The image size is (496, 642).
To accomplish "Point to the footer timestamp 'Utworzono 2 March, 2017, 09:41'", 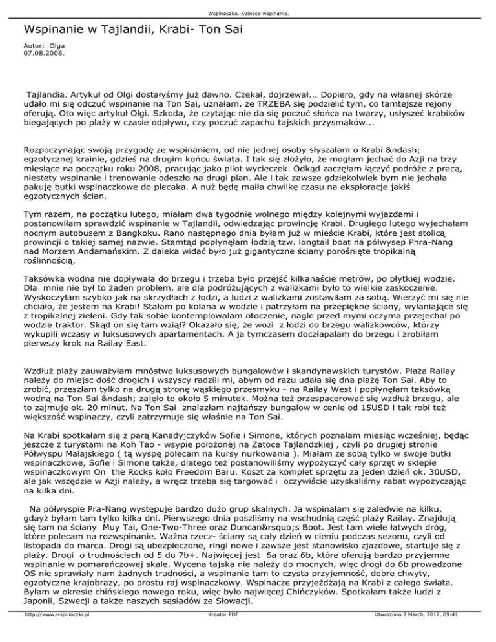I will [x=420, y=636].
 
